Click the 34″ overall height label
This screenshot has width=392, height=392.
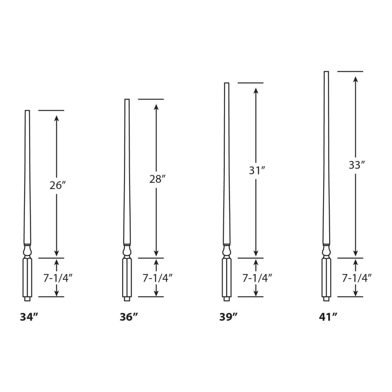29,317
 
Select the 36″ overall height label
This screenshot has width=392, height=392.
129,317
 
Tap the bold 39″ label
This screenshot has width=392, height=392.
229,317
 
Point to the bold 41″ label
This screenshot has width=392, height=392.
328,317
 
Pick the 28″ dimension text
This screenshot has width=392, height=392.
157,179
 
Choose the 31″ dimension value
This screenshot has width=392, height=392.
257,171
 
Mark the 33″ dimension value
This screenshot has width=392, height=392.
356,165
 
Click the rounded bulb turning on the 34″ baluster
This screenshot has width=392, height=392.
27,250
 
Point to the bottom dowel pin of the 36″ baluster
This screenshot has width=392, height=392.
127,299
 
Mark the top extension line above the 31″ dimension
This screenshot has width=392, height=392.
250,83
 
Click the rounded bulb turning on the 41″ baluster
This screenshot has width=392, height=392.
326,250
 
